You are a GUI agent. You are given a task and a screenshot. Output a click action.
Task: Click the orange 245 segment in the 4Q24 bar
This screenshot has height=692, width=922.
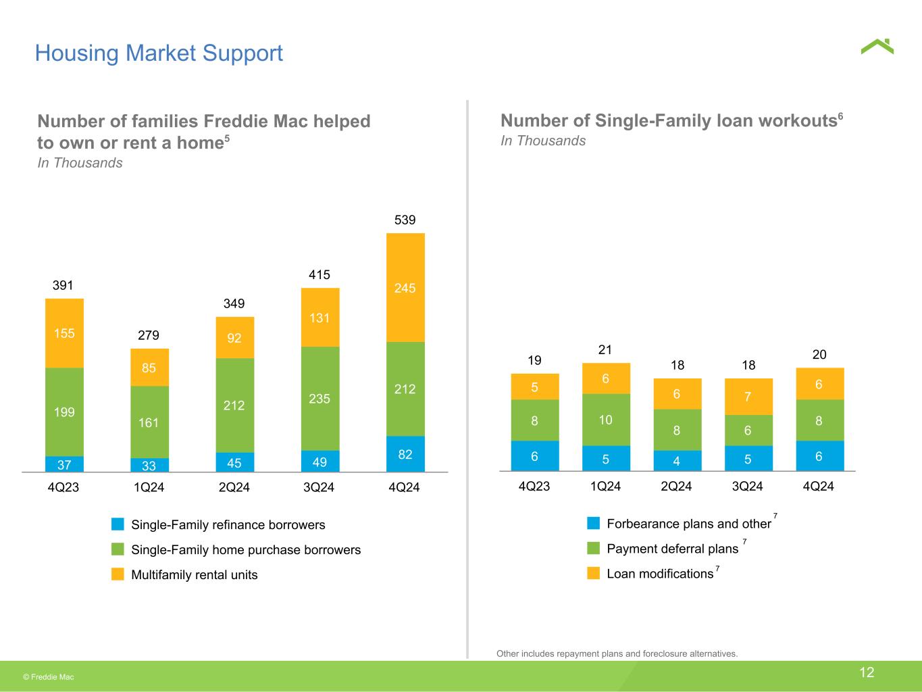tap(405, 288)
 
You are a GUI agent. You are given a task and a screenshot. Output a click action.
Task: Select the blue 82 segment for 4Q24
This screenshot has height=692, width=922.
tap(405, 453)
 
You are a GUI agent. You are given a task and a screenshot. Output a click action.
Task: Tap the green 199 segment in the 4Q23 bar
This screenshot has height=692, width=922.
tap(64, 412)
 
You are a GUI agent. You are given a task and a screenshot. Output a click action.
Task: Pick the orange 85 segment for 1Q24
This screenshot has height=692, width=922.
tap(149, 368)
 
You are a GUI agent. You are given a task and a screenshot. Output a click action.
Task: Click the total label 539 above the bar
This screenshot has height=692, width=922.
tap(405, 220)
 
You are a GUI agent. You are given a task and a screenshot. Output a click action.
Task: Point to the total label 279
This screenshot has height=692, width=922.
tap(149, 335)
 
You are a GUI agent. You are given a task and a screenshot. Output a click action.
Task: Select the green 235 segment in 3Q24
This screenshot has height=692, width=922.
tap(320, 398)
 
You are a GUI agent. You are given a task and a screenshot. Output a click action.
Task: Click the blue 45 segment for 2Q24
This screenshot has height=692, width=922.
tap(235, 462)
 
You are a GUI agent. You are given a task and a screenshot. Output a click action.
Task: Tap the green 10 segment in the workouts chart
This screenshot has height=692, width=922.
tap(606, 420)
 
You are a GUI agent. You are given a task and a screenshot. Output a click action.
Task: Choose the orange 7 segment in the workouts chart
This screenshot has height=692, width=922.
tap(748, 397)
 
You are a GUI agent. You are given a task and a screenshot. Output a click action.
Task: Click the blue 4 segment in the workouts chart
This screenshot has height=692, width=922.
tap(677, 461)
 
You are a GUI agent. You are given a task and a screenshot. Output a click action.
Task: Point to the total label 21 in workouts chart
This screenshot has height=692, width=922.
tap(605, 349)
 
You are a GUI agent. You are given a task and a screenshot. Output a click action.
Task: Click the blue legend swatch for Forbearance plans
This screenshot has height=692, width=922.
tap(593, 523)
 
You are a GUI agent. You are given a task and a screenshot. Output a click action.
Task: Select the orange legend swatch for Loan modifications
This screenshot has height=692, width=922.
tap(593, 573)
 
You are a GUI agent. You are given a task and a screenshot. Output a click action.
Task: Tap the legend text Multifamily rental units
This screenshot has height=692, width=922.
tap(195, 575)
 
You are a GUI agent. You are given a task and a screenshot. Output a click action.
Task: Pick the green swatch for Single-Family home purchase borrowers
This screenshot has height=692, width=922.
tap(118, 549)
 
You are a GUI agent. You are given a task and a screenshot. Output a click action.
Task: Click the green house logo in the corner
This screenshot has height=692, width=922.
tap(877, 47)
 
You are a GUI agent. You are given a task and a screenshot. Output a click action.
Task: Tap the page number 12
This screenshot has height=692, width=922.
tap(867, 672)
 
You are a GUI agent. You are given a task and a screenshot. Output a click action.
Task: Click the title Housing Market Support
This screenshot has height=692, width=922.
tap(159, 53)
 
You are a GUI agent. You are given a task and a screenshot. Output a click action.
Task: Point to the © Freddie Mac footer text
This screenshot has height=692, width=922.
tap(49, 677)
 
